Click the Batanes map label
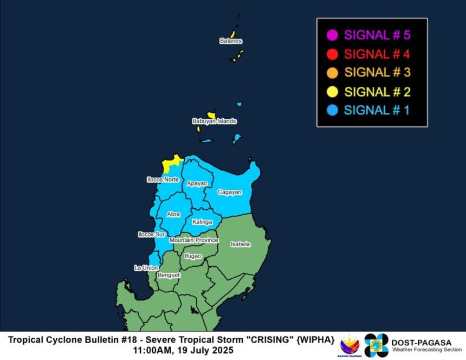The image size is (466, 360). coord(231,41)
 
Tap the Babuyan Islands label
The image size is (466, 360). coord(214,121)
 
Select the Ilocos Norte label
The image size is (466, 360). coord(163,179)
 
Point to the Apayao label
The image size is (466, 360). coord(197,184)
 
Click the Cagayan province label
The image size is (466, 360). coord(230,192)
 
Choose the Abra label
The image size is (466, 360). coord(173,215)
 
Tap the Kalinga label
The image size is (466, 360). coord(202,222)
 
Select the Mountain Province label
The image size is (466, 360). coord(193,240)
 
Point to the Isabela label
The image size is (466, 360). coord(240,245)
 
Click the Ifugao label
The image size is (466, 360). coord(193,256)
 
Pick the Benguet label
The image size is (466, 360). coord(168,275)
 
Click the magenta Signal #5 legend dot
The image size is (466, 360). coord(333,36)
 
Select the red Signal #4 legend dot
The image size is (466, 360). coord(333,54)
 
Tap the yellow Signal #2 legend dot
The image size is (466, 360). coord(333,92)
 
